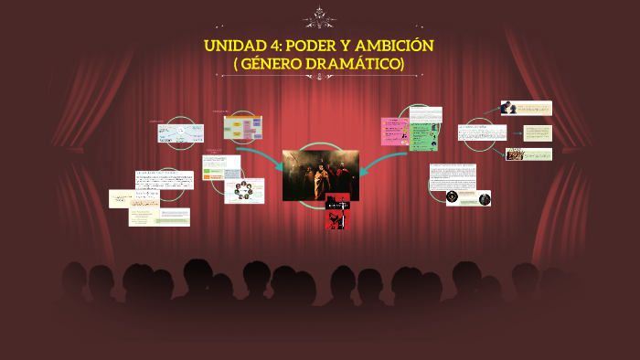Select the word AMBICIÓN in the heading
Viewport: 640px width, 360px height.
pyautogui.click(x=396, y=46)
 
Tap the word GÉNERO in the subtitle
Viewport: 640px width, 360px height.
pyautogui.click(x=282, y=63)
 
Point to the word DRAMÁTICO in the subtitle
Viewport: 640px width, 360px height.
pyautogui.click(x=357, y=63)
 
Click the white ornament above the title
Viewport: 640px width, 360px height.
pyautogui.click(x=320, y=16)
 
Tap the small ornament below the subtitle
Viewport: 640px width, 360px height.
pyautogui.click(x=320, y=79)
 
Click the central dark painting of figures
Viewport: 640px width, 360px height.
pyautogui.click(x=320, y=175)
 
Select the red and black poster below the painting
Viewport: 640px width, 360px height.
pyautogui.click(x=338, y=215)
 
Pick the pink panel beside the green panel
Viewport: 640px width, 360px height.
pyautogui.click(x=394, y=132)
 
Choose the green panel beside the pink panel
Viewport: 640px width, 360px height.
pyautogui.click(x=423, y=135)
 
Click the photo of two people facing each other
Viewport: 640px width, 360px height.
pyautogui.click(x=528, y=154)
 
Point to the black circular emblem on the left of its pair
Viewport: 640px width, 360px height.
pyautogui.click(x=452, y=196)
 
